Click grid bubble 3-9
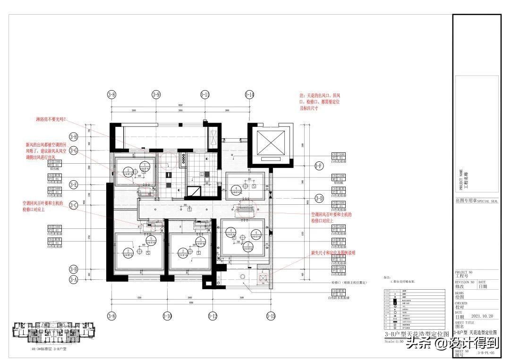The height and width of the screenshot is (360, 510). pyautogui.click(x=156, y=95)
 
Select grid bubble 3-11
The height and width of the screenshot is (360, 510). pyautogui.click(x=205, y=95)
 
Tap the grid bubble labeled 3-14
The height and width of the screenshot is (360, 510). pyautogui.click(x=250, y=95)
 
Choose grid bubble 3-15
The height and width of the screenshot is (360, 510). pyautogui.click(x=271, y=315)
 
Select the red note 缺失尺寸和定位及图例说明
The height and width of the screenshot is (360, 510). pyautogui.click(x=332, y=253)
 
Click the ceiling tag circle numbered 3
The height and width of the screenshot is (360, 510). pyautogui.click(x=256, y=233)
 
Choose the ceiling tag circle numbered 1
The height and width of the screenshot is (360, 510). pyautogui.click(x=230, y=231)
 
